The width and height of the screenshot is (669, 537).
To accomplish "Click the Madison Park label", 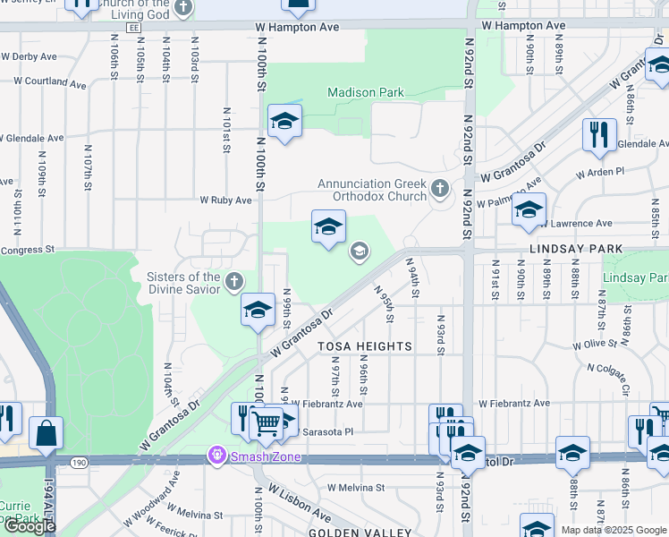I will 365,92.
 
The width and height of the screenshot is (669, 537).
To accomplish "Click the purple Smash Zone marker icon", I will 216,456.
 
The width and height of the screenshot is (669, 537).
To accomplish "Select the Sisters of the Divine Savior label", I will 183,283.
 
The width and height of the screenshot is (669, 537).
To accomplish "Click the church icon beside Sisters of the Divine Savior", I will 233,283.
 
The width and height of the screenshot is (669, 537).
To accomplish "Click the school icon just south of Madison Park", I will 284,122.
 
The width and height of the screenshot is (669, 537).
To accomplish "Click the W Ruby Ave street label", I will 225,200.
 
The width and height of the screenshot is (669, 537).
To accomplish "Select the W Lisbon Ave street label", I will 301,506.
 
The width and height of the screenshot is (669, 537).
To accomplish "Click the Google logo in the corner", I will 30,526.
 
